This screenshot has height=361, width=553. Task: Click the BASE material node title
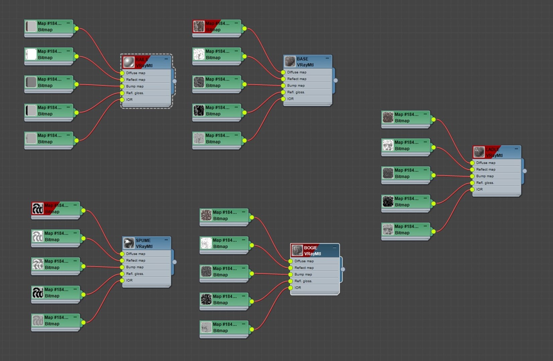pyautogui.click(x=302, y=59)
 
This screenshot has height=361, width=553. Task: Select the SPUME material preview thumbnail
pyautogui.click(x=129, y=243)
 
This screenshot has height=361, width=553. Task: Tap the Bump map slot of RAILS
pyautogui.click(x=135, y=86)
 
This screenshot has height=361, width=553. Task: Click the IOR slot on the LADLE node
pyautogui.click(x=479, y=190)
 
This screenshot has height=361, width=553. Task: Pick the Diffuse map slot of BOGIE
pyautogui.click(x=304, y=261)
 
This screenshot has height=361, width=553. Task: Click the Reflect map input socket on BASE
pyautogui.click(x=283, y=79)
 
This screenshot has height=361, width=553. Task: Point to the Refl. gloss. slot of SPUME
pyautogui.click(x=135, y=274)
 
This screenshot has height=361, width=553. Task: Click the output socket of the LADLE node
pyautogui.click(x=525, y=171)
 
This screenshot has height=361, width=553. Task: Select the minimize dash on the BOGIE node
pyautogui.click(x=335, y=248)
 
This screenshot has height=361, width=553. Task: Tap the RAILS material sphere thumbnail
pyautogui.click(x=129, y=62)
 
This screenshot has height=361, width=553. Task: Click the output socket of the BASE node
pyautogui.click(x=336, y=81)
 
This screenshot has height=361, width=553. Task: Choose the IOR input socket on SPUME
pyautogui.click(x=122, y=280)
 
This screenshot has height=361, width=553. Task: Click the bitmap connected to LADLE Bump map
pyautogui.click(x=406, y=173)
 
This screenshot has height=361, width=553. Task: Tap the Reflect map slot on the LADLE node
pyautogui.click(x=486, y=169)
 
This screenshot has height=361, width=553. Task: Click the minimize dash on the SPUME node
pyautogui.click(x=166, y=240)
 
